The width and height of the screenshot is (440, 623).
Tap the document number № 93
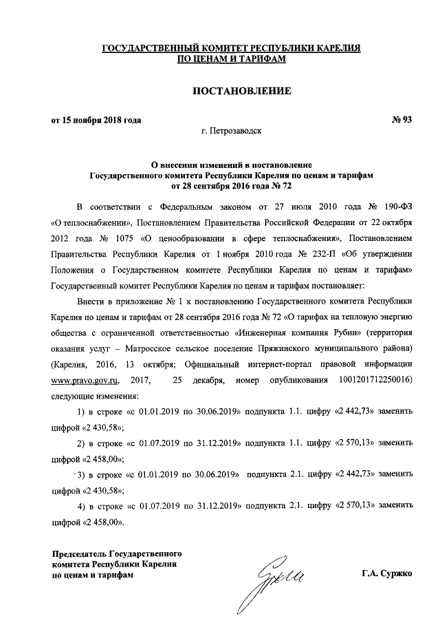(400, 120)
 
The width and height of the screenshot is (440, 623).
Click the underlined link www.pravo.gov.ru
(85, 380)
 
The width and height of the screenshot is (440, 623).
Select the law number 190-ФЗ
(399, 206)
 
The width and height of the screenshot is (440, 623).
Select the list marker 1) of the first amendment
(80, 412)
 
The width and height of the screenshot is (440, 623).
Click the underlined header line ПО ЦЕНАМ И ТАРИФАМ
(231, 60)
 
